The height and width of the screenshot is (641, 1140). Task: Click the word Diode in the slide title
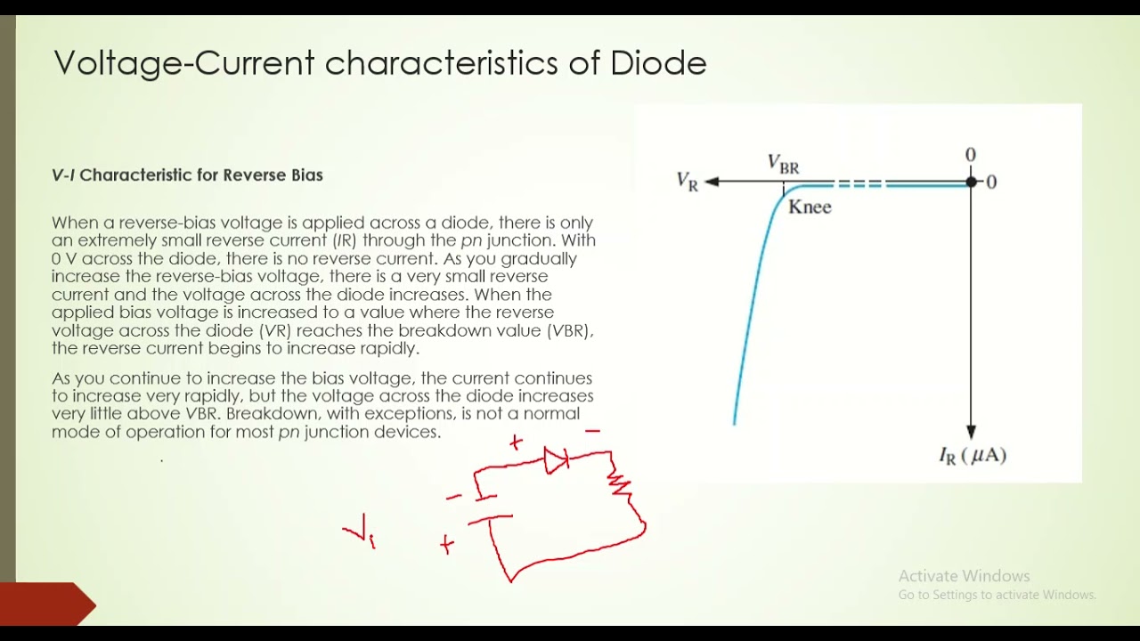tap(658, 63)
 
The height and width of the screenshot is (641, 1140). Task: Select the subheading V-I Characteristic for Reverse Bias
tap(187, 175)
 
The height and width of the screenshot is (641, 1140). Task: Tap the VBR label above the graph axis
tap(784, 164)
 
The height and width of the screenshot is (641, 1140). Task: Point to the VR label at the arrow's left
tap(688, 182)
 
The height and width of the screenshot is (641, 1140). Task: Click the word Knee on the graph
tap(810, 207)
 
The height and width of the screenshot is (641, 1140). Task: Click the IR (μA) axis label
tap(973, 456)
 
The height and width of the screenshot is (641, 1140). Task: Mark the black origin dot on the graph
tap(971, 183)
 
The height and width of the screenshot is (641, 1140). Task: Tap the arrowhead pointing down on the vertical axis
tap(971, 432)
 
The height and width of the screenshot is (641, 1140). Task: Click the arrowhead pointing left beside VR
tap(712, 182)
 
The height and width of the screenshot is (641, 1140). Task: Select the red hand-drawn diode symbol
tap(557, 460)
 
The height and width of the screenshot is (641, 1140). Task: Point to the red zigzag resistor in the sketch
tap(620, 484)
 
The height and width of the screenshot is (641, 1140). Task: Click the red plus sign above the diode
tap(516, 442)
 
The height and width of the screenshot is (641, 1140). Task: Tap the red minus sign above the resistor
tap(592, 431)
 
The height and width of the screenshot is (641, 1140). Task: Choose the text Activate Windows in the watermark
tap(964, 576)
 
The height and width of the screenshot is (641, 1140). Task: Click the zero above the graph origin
tap(971, 156)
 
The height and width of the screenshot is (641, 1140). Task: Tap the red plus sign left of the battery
tap(447, 544)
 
